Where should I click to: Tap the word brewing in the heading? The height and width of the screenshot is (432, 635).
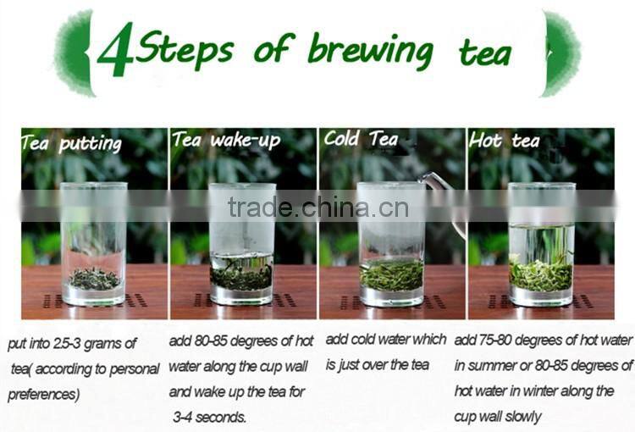371,51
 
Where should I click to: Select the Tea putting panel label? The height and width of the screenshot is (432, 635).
71,143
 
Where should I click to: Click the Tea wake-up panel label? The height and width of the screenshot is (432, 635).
225,140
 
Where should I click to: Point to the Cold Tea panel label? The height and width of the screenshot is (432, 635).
361,139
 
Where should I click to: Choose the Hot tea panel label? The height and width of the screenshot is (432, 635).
505,141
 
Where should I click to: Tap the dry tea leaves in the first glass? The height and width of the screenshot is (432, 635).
93,278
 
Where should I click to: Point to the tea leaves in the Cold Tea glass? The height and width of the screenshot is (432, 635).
391,274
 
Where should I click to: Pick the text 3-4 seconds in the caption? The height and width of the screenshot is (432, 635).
210,418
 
